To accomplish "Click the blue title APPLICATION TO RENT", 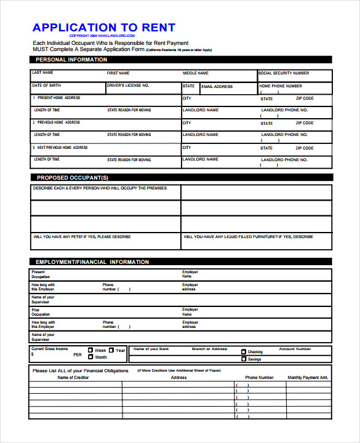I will tap(103, 28).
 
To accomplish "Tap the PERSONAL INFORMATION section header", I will tap(71, 60).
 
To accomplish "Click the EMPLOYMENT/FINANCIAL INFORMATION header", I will tap(92, 262).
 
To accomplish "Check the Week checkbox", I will tap(90, 350).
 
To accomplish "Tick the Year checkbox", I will tap(112, 350).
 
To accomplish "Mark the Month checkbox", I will tap(90, 357).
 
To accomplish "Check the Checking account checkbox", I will tap(244, 352).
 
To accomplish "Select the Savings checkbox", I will tap(244, 359).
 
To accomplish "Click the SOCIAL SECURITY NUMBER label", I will tap(284, 73).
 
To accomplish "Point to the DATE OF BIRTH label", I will tap(47, 86).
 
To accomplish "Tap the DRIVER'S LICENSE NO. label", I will tap(128, 86).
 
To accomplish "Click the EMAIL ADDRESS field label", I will tap(217, 87).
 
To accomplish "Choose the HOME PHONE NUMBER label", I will tap(281, 86).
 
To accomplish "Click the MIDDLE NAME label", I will tap(196, 73).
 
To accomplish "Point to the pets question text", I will tap(82, 237).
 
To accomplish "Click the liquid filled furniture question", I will tap(248, 237).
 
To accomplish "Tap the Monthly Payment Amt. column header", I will tap(308, 378).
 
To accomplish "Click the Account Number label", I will tap(295, 349).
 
